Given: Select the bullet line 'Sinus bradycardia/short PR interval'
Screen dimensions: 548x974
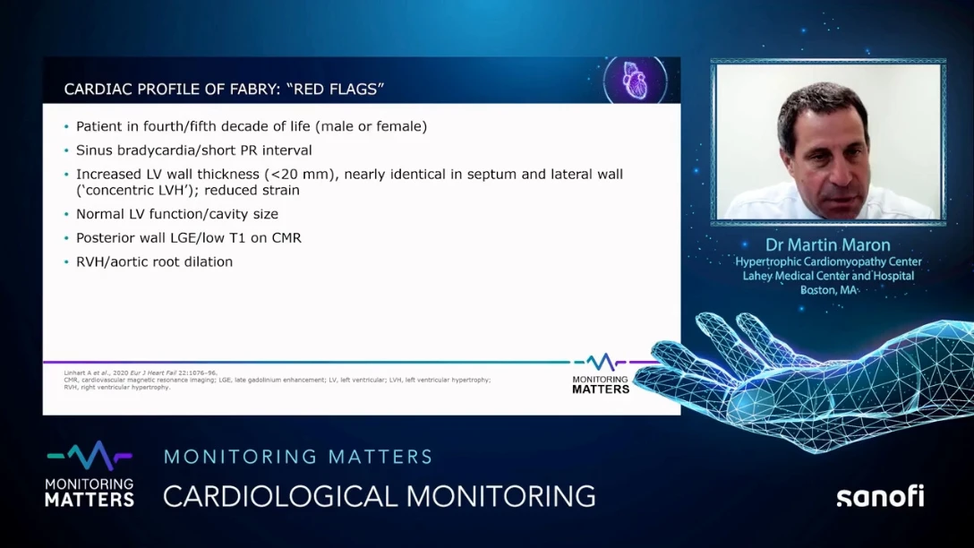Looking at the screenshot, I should (x=193, y=150).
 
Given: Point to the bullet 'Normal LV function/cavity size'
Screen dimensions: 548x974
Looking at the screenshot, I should (x=176, y=214).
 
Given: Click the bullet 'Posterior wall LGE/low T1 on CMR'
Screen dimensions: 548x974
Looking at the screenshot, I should (x=188, y=238).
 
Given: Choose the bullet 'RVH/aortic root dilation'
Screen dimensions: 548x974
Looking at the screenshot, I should (x=154, y=262).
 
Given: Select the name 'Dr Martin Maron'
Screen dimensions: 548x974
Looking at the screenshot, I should (x=828, y=244).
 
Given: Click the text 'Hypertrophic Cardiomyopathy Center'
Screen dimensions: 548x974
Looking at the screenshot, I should (x=828, y=261).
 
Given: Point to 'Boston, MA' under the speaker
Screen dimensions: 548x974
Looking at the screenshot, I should (x=828, y=290).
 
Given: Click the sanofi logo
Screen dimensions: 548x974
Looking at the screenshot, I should (x=879, y=497).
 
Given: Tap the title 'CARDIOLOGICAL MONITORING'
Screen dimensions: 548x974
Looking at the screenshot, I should (x=379, y=496).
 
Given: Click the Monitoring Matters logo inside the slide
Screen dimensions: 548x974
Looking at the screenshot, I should (x=601, y=373).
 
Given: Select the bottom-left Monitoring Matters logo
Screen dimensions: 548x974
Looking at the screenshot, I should (x=89, y=475).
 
